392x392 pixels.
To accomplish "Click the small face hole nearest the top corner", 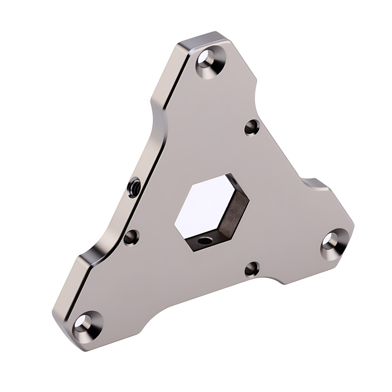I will coord(251,129).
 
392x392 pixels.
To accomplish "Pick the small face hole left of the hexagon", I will coord(131,238).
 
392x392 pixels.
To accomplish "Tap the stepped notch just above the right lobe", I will coord(314,184).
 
